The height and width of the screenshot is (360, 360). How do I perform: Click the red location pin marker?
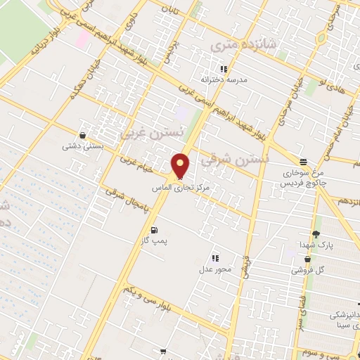click(x=181, y=166)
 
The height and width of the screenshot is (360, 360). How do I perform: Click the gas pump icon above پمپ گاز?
click(x=153, y=230)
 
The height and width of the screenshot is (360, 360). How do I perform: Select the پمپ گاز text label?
click(x=153, y=241)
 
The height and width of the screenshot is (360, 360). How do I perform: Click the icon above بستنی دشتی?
click(x=83, y=135)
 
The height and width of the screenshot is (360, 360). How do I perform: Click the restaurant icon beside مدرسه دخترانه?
click(x=224, y=69)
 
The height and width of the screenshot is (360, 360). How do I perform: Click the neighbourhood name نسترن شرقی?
click(x=234, y=160)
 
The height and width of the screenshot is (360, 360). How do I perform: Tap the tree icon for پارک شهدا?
click(x=315, y=234)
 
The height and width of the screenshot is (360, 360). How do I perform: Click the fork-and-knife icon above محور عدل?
click(x=215, y=259)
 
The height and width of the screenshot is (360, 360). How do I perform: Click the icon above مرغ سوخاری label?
click(x=303, y=162)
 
